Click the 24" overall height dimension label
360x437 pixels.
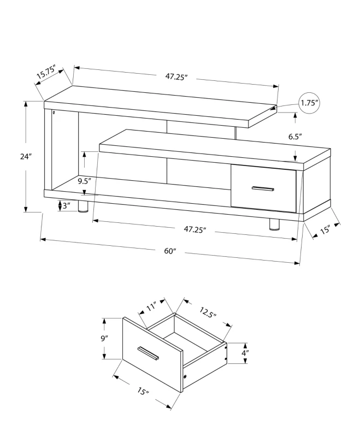[x=26, y=157]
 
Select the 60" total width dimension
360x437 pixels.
[x=171, y=251]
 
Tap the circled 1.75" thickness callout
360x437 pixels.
[x=309, y=103]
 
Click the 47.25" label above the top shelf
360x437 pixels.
[x=176, y=77]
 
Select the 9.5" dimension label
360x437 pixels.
[x=84, y=180]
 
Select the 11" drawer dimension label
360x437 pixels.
[x=151, y=308]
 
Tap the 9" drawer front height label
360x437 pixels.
[x=104, y=339]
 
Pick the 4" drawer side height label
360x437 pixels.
[x=245, y=353]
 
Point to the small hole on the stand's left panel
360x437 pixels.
[x=54, y=113]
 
